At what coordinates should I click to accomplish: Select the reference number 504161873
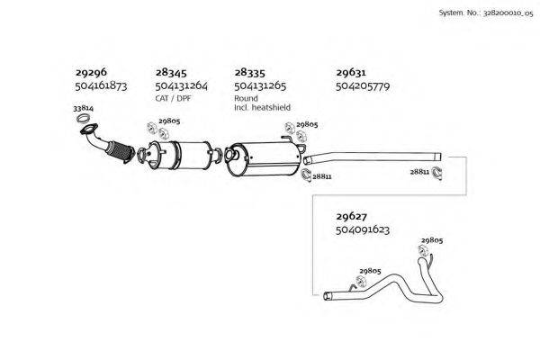click(100, 86)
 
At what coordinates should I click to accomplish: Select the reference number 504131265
click(260, 86)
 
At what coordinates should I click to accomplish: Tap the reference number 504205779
click(362, 86)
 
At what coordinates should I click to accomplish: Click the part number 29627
click(350, 217)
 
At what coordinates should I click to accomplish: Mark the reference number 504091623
click(362, 229)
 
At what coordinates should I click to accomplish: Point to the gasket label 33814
click(82, 108)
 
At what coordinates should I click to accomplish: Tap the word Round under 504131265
click(246, 98)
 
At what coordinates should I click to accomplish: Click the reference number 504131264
click(182, 86)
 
